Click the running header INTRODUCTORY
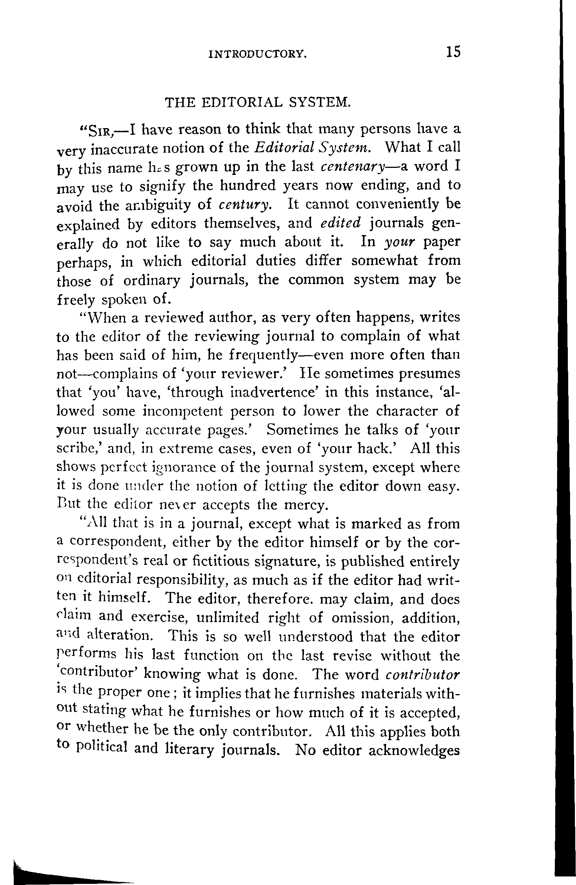tap(258, 55)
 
